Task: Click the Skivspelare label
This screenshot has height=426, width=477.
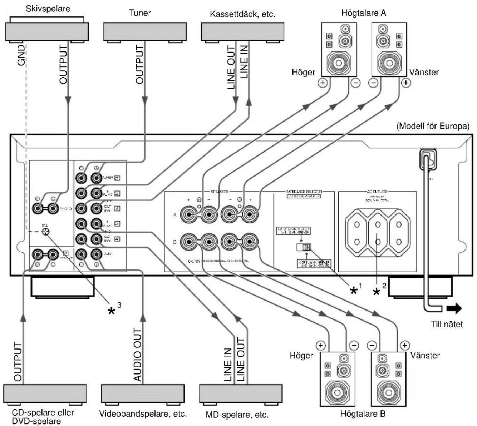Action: (x=48, y=9)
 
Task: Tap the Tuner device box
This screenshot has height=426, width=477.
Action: (x=144, y=31)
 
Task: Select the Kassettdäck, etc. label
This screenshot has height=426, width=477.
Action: (x=243, y=15)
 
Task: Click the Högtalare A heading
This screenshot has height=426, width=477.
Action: (x=364, y=13)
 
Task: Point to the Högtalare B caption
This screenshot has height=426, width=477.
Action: (x=363, y=414)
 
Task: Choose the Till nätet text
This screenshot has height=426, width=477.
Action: (x=447, y=325)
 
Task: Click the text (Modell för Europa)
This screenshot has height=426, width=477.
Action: (x=433, y=127)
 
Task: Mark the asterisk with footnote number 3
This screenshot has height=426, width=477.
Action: (x=112, y=310)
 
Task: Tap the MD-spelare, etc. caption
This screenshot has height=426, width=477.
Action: (x=237, y=415)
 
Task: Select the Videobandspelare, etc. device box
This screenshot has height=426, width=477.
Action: (x=143, y=394)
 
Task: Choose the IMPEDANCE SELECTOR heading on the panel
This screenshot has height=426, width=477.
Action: (x=304, y=192)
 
